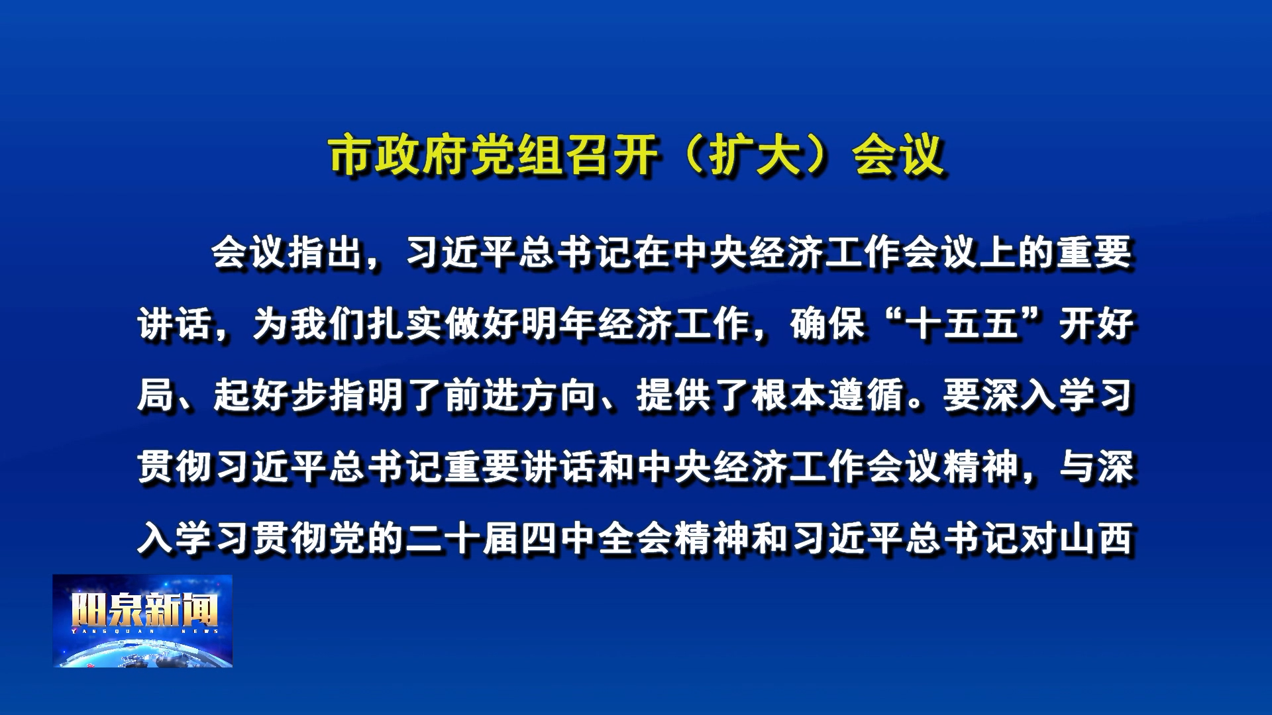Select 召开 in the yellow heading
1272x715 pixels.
[x=613, y=156]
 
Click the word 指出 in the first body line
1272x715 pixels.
[x=326, y=253]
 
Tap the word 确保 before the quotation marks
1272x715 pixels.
[x=828, y=324]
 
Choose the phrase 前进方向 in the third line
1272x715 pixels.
[x=520, y=396]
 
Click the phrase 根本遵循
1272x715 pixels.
[x=829, y=396]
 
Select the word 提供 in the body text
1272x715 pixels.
[x=674, y=396]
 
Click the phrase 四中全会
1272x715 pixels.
[x=597, y=539]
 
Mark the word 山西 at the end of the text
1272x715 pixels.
[x=1096, y=539]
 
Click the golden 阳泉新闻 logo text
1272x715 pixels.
[x=144, y=610]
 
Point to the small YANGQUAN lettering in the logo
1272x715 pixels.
[x=113, y=632]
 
